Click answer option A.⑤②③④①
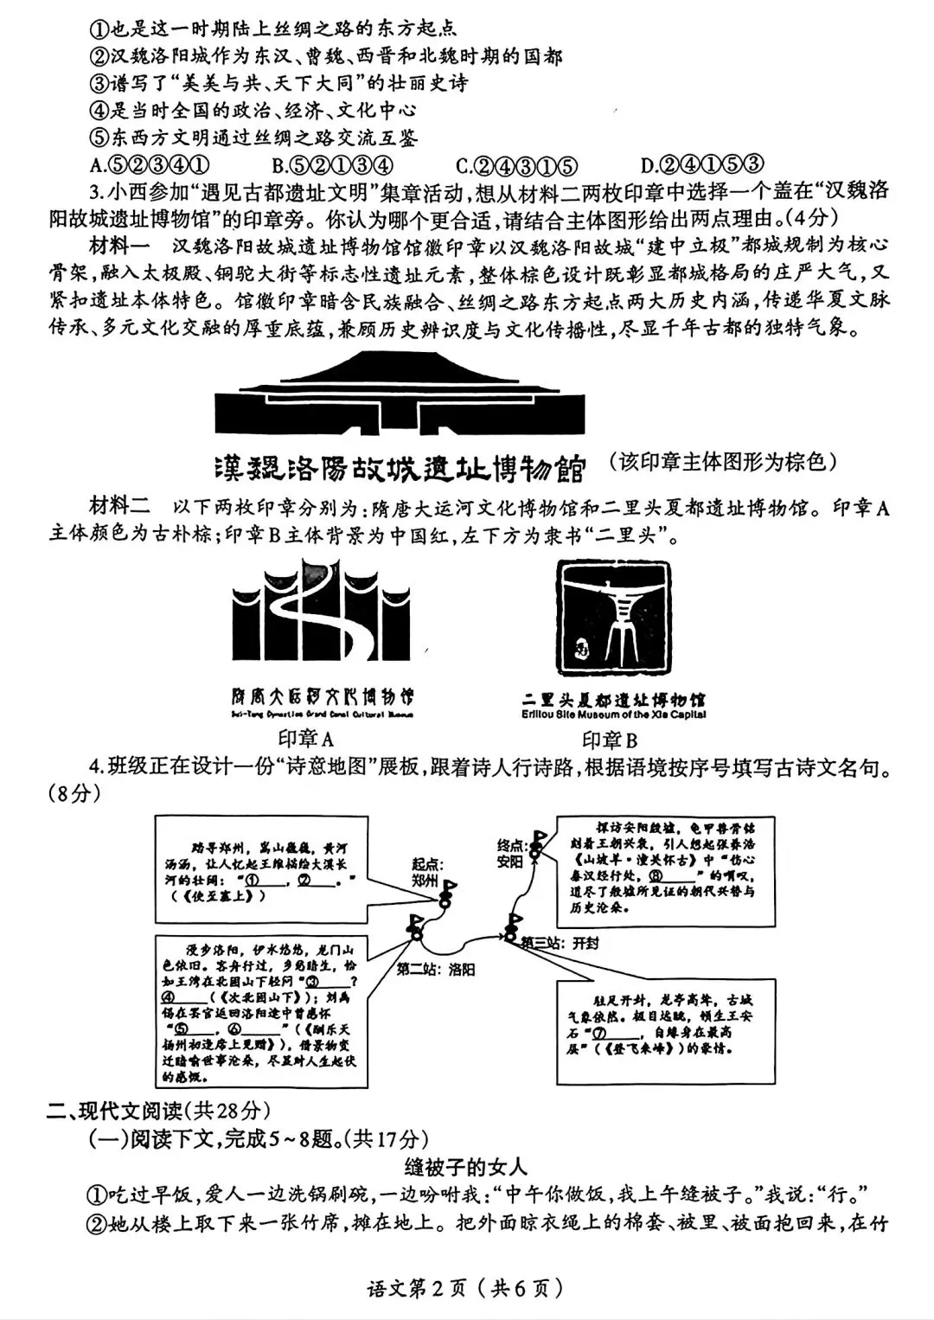(x=150, y=164)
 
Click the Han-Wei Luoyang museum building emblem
(x=400, y=395)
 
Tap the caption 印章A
(x=306, y=739)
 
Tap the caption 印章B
(x=611, y=740)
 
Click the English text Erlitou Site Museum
(x=613, y=714)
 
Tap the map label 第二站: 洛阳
(x=436, y=970)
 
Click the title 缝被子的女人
(x=465, y=1167)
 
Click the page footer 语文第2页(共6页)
(x=467, y=1288)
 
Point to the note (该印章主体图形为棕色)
(x=723, y=462)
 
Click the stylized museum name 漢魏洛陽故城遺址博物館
(x=399, y=467)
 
